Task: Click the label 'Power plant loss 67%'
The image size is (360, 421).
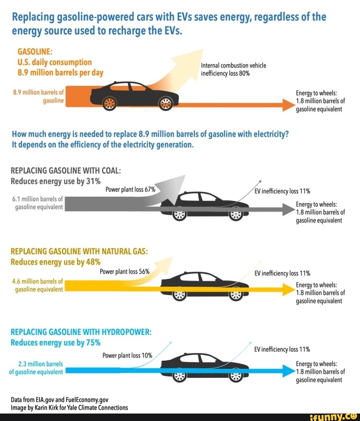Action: [x=130, y=189]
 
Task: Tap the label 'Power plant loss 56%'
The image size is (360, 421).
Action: [x=125, y=272]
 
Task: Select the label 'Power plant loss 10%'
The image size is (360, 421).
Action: [x=127, y=355]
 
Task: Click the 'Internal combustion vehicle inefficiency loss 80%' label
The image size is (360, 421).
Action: [x=234, y=69]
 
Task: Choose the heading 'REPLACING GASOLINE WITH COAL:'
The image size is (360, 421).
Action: [x=66, y=171]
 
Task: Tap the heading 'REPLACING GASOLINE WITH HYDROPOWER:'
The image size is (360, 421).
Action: [x=81, y=332]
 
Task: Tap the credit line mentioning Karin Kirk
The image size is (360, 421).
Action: [x=69, y=408]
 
